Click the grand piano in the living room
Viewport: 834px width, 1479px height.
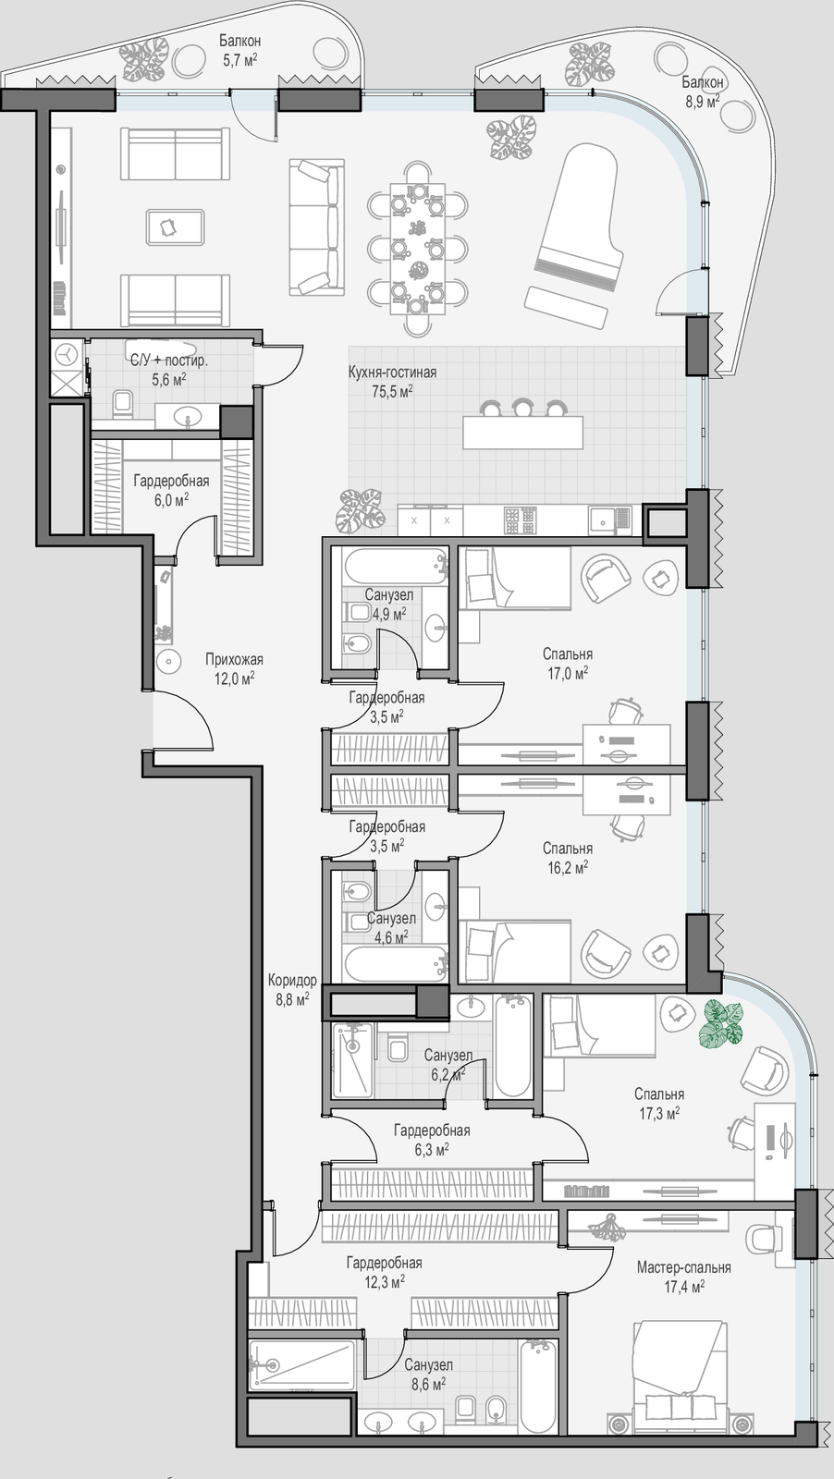(579, 218)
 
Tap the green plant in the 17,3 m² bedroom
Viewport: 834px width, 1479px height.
(722, 1024)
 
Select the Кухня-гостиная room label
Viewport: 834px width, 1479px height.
(392, 373)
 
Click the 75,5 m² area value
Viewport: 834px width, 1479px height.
(392, 392)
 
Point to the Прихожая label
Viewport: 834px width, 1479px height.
(234, 659)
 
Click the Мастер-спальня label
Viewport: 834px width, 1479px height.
(683, 1267)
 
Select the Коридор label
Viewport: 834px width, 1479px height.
(292, 980)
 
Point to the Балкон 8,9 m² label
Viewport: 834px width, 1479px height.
(702, 92)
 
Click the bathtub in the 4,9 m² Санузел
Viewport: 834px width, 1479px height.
(394, 566)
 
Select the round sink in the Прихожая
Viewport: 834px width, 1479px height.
(168, 660)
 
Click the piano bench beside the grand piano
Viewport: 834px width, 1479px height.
(566, 307)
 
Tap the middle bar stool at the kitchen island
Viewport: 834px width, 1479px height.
(523, 408)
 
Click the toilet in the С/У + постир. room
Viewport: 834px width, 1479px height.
(124, 404)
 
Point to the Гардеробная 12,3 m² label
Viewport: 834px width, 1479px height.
(385, 1272)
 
